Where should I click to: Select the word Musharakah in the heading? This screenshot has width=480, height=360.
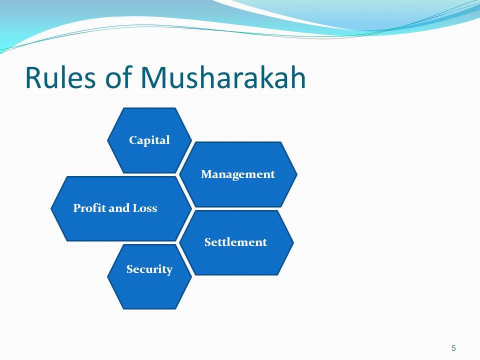(x=223, y=78)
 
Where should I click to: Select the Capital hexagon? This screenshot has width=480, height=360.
(x=149, y=140)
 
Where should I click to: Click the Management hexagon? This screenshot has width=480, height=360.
(x=238, y=174)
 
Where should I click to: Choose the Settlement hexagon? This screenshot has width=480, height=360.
(x=235, y=242)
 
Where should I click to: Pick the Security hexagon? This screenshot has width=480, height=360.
(x=149, y=276)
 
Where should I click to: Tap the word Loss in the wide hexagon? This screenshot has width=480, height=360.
(x=145, y=208)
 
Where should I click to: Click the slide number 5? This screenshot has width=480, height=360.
(x=453, y=348)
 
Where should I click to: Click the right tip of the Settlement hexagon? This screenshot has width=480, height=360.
(x=293, y=242)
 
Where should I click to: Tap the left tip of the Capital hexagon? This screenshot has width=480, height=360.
(x=108, y=140)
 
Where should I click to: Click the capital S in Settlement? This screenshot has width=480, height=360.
(x=207, y=242)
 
